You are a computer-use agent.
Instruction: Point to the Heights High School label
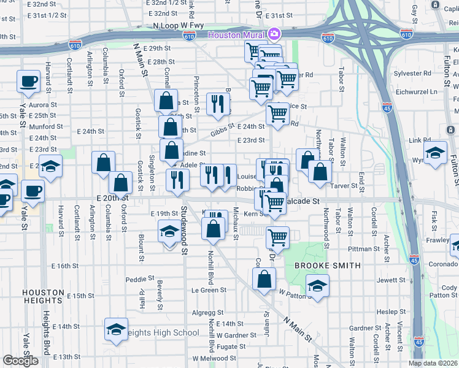165,333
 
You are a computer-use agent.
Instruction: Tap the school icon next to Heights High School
116,329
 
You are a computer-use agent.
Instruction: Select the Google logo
20,360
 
